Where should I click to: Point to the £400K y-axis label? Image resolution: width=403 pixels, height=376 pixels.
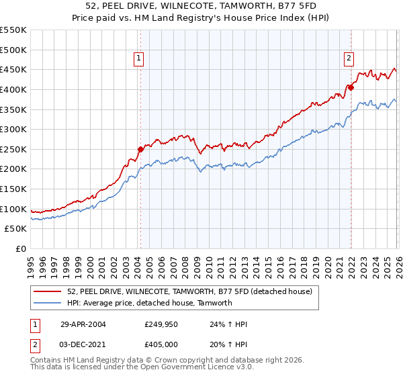coord(13,89)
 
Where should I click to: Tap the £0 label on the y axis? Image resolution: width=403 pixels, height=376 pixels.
coord(20,249)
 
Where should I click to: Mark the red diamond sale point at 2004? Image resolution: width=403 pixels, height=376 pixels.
coord(140,149)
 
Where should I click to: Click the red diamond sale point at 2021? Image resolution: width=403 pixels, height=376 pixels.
coord(351,87)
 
